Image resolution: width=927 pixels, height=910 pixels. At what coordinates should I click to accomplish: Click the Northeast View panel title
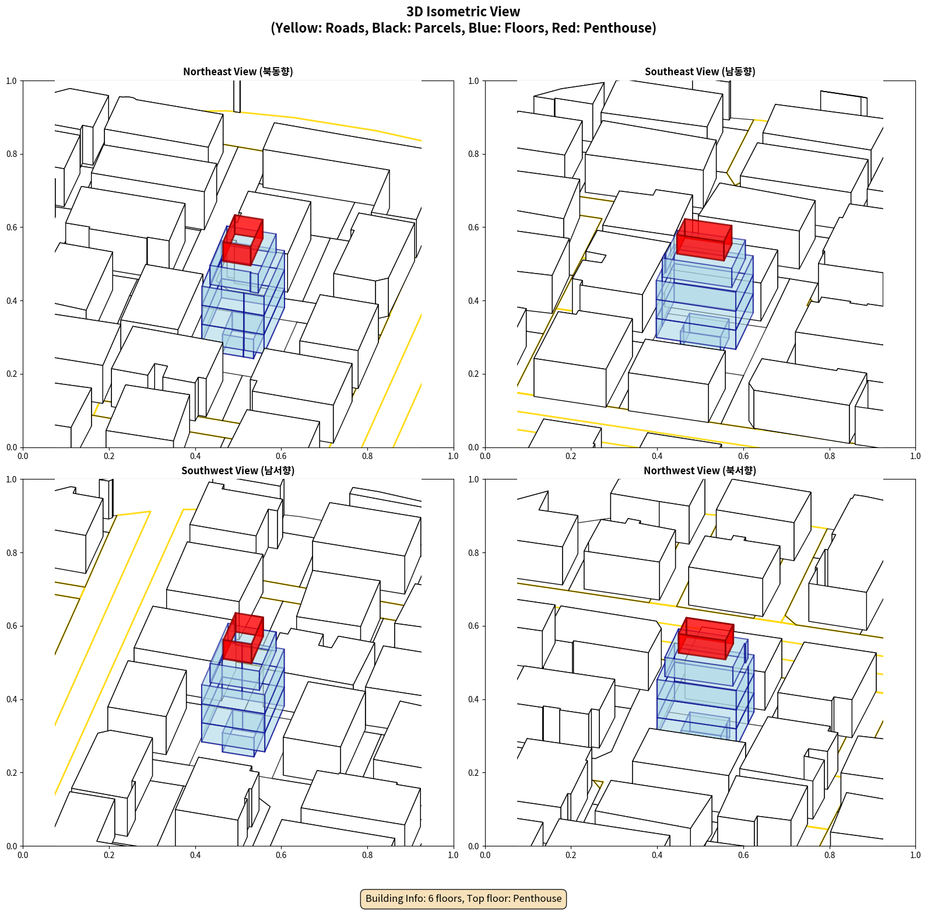(238, 72)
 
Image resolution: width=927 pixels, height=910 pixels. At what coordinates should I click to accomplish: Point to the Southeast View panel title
(700, 72)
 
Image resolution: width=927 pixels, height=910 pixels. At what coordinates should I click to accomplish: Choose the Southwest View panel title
(238, 471)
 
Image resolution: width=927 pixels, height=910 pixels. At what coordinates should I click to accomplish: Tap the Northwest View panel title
(700, 471)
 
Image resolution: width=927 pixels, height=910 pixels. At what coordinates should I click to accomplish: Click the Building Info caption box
(463, 898)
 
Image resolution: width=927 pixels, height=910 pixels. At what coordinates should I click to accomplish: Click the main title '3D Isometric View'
(463, 12)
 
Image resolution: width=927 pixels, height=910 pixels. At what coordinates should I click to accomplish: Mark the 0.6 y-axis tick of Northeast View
(12, 228)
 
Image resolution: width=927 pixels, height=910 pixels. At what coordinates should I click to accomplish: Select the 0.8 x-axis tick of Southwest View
(367, 855)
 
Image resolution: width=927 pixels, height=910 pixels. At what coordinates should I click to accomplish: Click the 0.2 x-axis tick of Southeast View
(571, 456)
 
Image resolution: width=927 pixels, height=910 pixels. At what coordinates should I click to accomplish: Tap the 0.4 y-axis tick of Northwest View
(474, 699)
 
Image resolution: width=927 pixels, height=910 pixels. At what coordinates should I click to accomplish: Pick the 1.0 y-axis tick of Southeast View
(474, 81)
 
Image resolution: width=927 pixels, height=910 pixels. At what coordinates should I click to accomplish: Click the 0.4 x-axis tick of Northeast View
(195, 456)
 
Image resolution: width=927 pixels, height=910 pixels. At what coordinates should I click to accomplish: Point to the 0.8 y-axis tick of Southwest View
(12, 552)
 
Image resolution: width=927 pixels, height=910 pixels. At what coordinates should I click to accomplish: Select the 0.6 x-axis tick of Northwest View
(743, 855)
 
